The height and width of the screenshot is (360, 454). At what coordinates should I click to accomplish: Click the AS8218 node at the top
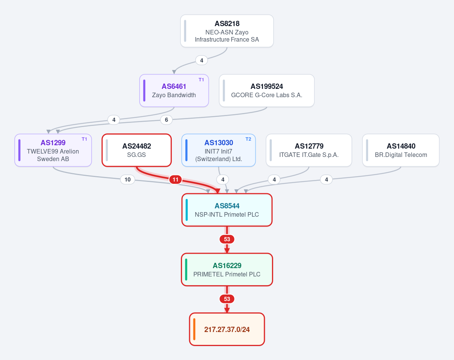(x=227, y=31)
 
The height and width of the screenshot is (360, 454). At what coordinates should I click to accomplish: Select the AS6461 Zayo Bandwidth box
(x=174, y=90)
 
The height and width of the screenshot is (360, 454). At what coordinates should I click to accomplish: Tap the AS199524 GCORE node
(x=267, y=90)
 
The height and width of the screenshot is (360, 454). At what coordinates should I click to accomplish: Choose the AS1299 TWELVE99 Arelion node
(x=53, y=150)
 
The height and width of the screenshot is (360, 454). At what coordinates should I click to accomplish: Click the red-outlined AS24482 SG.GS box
(x=137, y=150)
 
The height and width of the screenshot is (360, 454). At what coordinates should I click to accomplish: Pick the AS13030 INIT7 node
(x=219, y=150)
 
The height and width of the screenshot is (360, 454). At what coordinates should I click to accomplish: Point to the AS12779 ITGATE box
(x=309, y=150)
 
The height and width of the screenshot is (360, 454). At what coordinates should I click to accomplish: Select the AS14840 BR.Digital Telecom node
(x=401, y=150)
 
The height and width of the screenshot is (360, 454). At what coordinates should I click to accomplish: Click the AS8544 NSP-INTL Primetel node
(x=227, y=210)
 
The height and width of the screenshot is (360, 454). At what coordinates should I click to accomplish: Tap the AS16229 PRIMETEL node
(x=227, y=270)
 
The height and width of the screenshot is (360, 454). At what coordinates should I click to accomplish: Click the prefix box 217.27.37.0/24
(x=227, y=329)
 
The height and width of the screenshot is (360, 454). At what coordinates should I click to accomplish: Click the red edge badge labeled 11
(x=175, y=180)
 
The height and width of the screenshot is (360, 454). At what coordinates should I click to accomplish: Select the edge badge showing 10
(x=127, y=180)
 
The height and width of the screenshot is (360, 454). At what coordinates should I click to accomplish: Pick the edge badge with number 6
(x=166, y=120)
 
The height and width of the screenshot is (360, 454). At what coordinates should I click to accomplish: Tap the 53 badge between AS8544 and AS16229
(x=227, y=239)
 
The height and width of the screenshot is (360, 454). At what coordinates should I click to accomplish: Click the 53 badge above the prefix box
(x=227, y=299)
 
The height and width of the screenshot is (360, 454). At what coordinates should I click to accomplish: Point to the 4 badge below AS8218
(x=202, y=61)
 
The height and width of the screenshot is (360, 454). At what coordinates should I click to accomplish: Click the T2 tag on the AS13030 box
(x=248, y=139)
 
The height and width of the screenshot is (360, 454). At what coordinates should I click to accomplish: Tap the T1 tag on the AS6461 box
(x=201, y=80)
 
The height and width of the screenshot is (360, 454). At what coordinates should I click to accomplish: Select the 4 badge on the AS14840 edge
(x=327, y=180)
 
